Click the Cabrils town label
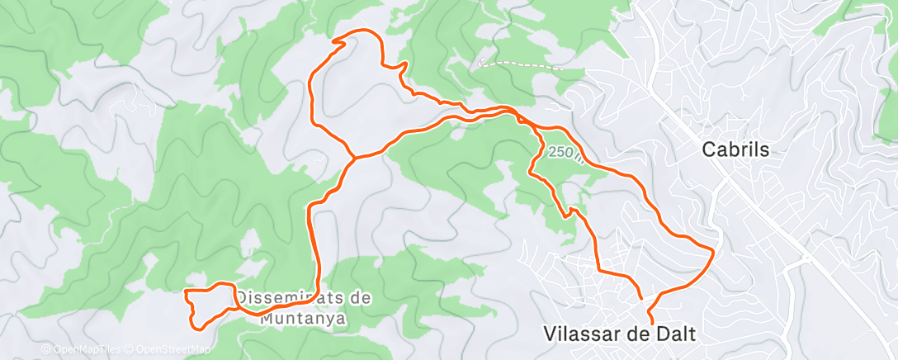pos(735,150)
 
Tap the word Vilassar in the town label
pos(579,334)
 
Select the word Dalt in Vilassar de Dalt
pos(675,334)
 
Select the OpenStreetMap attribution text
pos(173,349)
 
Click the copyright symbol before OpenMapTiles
pos(45,349)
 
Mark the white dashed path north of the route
pos(520,64)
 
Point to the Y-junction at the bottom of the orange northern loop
pos(355,156)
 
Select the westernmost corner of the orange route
pos(184,291)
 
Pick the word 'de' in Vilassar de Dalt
pos(634,334)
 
